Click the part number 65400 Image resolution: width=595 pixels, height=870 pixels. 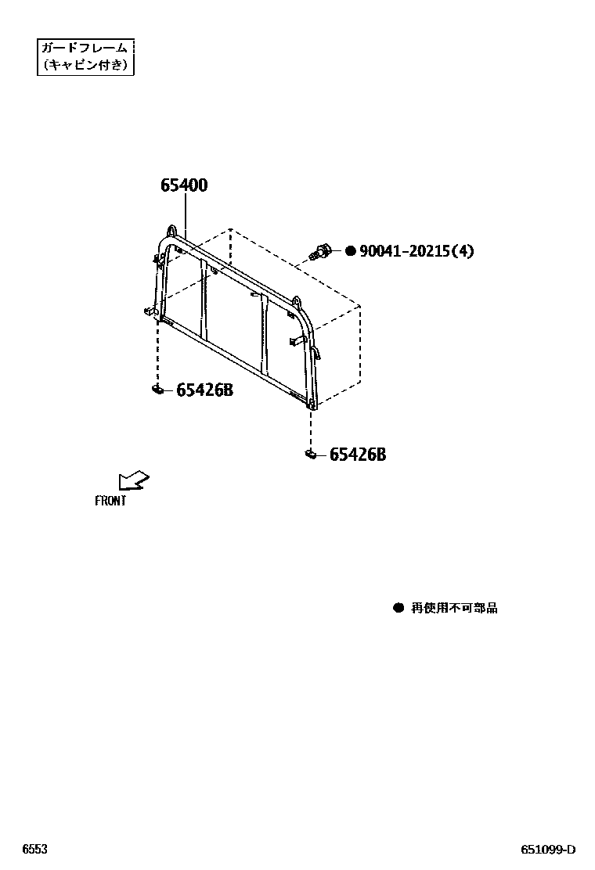click(x=184, y=185)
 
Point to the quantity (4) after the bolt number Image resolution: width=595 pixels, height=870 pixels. click(x=463, y=251)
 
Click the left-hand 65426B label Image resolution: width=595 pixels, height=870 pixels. click(x=204, y=390)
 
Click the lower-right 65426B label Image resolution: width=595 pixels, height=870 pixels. click(x=357, y=455)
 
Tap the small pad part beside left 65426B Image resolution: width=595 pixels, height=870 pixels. click(x=157, y=389)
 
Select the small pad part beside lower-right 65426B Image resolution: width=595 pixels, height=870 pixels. click(x=310, y=454)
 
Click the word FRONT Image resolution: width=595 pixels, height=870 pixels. click(x=110, y=502)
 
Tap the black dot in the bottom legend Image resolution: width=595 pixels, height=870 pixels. click(x=398, y=608)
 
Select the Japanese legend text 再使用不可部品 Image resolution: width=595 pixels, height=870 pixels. click(x=454, y=608)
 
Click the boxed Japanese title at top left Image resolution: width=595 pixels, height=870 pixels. click(x=86, y=56)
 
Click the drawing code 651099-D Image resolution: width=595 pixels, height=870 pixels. click(x=549, y=850)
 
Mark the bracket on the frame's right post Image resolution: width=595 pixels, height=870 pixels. click(x=296, y=340)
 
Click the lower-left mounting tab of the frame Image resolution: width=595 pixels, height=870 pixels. click(x=150, y=311)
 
